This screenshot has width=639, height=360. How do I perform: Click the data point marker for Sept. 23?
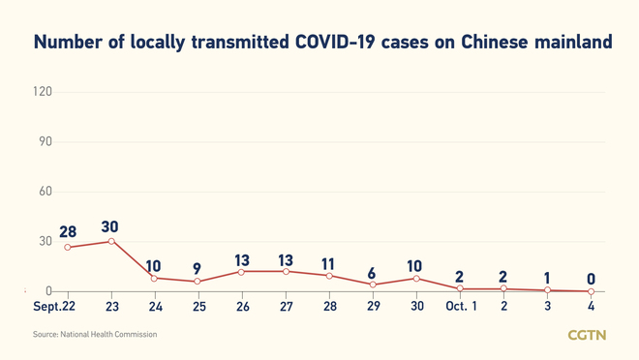click(111, 241)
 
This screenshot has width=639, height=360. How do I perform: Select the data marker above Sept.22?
click(68, 248)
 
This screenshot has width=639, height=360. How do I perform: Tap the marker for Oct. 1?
click(460, 288)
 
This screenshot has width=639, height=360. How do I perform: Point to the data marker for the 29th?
click(373, 285)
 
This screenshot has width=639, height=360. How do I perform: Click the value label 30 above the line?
click(110, 227)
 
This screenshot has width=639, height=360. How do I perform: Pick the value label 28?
click(67, 233)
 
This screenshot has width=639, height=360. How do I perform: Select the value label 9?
click(198, 269)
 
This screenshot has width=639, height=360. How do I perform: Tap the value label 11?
click(328, 263)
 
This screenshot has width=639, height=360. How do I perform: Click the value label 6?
click(372, 273)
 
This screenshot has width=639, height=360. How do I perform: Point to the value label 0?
click(591, 280)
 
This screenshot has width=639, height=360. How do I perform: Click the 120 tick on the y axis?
click(42, 92)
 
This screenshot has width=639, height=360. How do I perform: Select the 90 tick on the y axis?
click(45, 141)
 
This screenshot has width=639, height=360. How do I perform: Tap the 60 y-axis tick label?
click(45, 192)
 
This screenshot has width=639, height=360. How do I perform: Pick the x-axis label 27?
click(286, 307)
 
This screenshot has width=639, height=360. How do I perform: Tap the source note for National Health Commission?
click(95, 335)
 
